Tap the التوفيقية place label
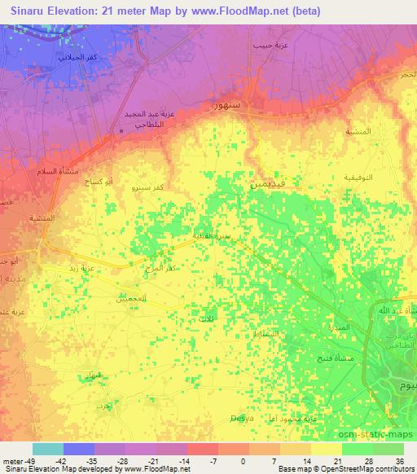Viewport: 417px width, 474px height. click(358, 177)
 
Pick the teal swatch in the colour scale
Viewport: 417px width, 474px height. click(48, 449)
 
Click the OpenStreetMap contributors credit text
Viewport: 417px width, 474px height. click(371, 469)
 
